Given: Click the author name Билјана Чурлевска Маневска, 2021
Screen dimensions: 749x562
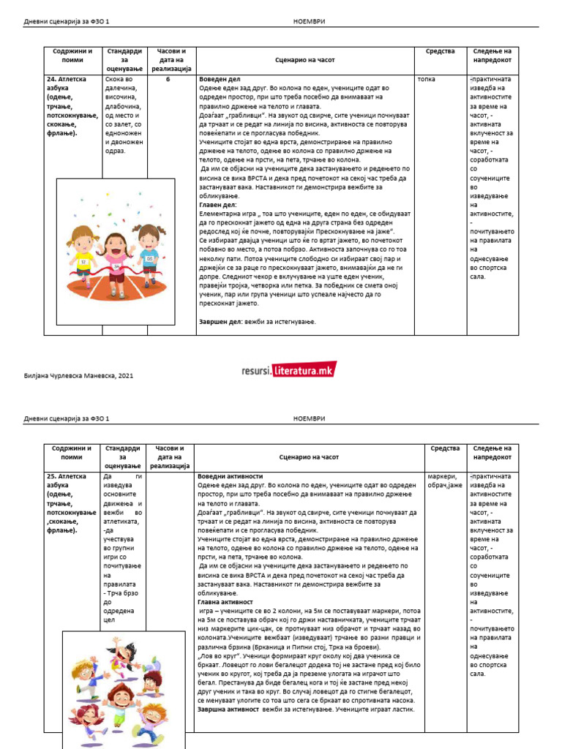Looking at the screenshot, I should pyautogui.click(x=80, y=375).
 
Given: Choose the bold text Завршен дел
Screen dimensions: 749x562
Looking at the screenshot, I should pyautogui.click(x=221, y=321).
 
